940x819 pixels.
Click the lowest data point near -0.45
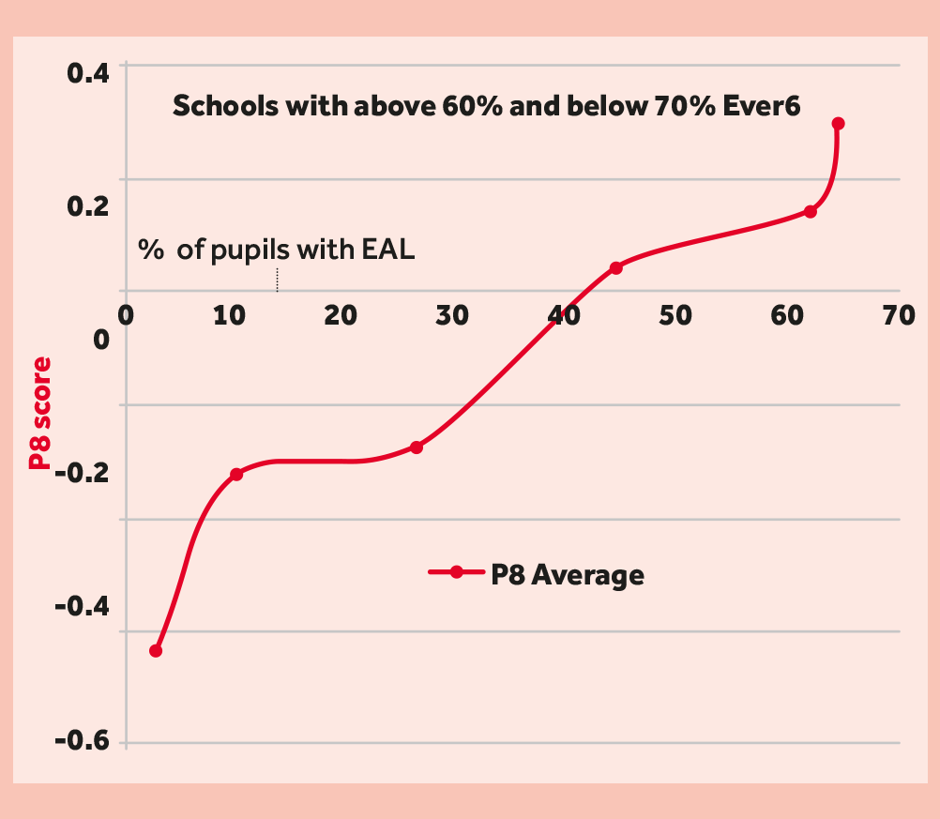click(156, 650)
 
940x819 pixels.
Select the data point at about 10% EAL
click(236, 474)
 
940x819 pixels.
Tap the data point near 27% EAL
click(417, 447)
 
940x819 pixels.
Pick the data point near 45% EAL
click(616, 267)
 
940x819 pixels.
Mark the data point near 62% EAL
click(811, 211)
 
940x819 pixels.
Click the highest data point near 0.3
click(838, 123)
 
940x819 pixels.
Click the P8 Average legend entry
click(537, 573)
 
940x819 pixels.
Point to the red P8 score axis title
click(39, 414)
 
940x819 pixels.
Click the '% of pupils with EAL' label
click(277, 250)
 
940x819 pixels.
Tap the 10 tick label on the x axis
click(230, 315)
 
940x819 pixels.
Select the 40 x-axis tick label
click(564, 315)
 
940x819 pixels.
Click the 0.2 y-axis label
click(86, 205)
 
